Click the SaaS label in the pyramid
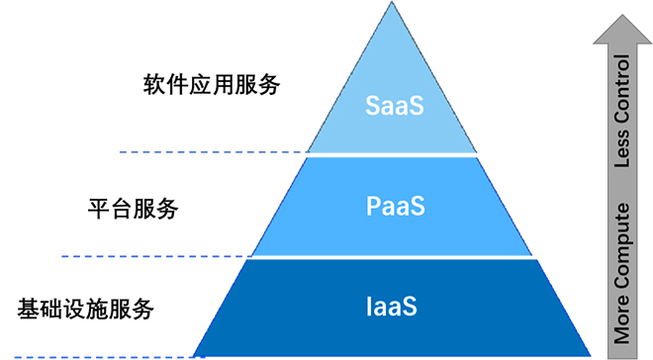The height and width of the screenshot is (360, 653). click(394, 106)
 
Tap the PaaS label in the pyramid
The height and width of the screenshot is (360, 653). click(394, 208)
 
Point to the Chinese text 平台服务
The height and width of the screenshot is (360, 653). click(134, 209)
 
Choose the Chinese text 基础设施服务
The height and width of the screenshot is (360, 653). click(86, 308)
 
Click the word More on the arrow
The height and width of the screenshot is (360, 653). click(622, 322)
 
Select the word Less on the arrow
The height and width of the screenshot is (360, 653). click(622, 166)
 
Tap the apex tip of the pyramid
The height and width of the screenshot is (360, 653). click(393, 5)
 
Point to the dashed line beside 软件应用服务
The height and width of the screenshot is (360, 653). click(213, 151)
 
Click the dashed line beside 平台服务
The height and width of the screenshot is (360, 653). click(158, 256)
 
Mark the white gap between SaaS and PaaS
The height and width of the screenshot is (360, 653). click(393, 154)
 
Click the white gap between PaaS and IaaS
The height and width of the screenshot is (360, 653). click(393, 257)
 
